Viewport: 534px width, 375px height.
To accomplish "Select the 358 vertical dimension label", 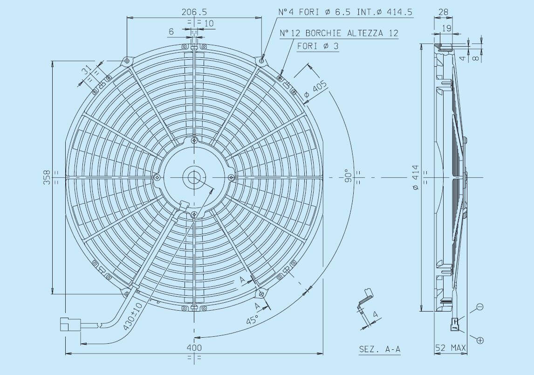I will [47, 177].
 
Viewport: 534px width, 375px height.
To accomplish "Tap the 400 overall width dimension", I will [194, 347].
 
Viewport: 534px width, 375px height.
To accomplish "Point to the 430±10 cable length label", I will [132, 316].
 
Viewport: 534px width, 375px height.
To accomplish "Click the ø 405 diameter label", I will [315, 91].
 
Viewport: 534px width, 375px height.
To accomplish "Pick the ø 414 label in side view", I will [415, 177].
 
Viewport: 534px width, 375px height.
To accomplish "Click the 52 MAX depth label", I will [450, 347].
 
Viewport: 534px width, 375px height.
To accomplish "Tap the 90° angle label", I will [347, 177].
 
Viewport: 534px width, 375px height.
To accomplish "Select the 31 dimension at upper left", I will [86, 71].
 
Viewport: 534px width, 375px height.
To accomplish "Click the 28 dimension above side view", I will [443, 11].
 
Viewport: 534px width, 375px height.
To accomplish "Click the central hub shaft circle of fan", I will [194, 177].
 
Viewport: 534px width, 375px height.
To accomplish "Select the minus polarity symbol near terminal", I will [480, 307].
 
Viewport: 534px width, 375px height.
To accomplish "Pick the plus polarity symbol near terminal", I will [480, 340].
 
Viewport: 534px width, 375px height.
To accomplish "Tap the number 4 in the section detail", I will [375, 316].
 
